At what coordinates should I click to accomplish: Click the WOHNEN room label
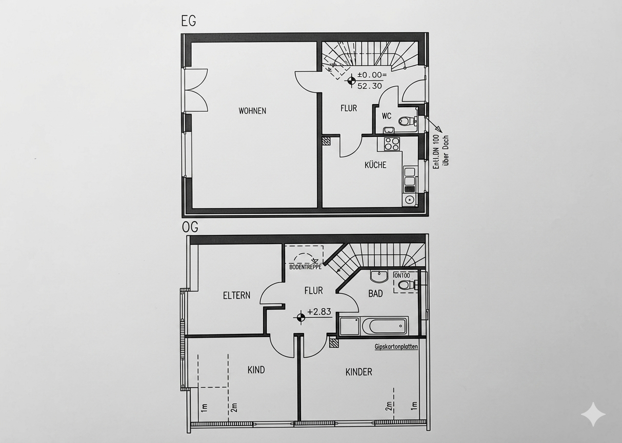point(252,111)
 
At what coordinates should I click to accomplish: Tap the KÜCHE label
point(375,165)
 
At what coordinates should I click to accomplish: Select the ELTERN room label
point(236,295)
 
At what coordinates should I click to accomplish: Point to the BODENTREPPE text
point(305,267)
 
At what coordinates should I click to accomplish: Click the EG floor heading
point(189,21)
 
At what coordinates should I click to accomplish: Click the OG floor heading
point(190,227)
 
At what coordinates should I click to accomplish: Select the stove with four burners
point(392,144)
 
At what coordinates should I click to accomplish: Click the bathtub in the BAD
point(386,326)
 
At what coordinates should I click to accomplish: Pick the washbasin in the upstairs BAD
point(379,276)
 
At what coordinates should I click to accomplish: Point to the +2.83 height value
point(319,312)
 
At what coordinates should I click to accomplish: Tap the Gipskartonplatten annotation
point(396,347)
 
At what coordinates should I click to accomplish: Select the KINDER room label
point(359,372)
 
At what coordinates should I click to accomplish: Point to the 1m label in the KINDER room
point(414,405)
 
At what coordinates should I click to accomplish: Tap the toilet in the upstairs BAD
point(407,285)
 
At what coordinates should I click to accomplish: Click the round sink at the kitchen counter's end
point(409,199)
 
